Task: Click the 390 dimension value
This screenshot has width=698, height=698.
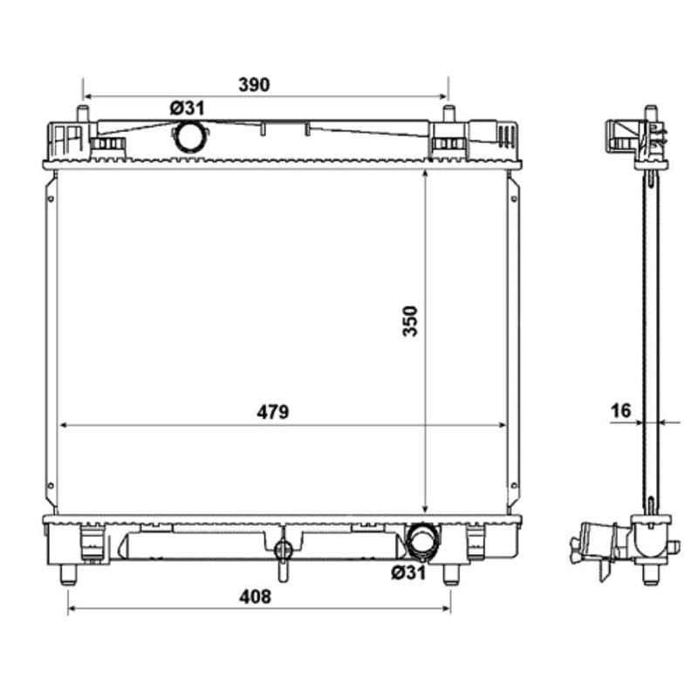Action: click(254, 85)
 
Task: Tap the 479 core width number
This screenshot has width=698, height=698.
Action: click(272, 412)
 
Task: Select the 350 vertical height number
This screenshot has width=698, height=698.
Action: click(410, 321)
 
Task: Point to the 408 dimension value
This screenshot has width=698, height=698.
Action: click(255, 597)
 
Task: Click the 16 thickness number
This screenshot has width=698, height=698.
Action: click(621, 410)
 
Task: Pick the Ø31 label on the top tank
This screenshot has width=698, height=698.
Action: click(187, 108)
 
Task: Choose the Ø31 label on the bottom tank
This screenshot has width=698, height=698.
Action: click(408, 572)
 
